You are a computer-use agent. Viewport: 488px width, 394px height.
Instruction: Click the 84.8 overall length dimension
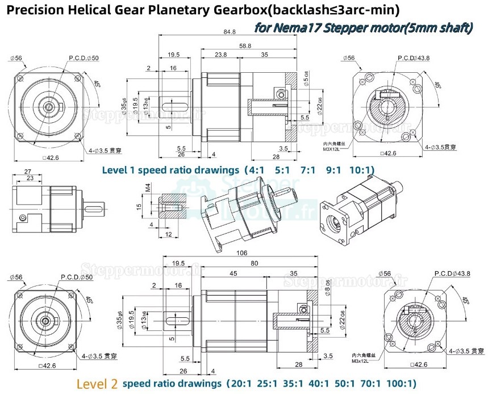pyautogui.click(x=230, y=32)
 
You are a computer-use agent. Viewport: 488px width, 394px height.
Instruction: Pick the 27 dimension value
pyautogui.click(x=28, y=171)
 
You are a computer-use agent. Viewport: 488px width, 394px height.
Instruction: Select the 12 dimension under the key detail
pyautogui.click(x=168, y=234)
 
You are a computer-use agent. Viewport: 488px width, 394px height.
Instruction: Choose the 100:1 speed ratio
pyautogui.click(x=403, y=383)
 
